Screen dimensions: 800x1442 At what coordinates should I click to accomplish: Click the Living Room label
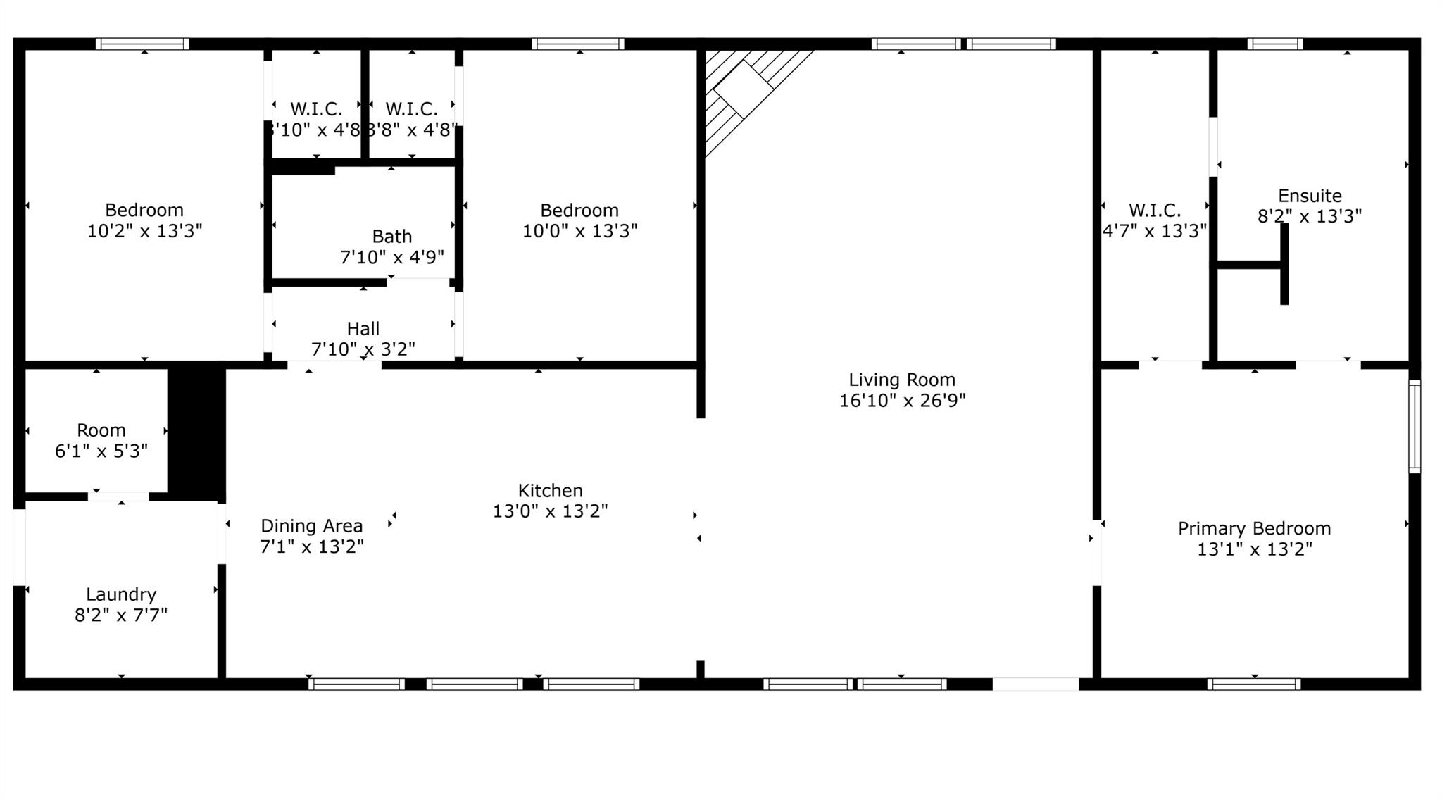pyautogui.click(x=901, y=380)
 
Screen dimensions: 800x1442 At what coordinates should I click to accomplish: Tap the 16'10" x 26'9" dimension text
pyautogui.click(x=901, y=401)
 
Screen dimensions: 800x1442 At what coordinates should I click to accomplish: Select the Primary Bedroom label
pyautogui.click(x=1254, y=528)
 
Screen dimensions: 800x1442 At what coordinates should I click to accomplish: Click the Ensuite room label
pyautogui.click(x=1310, y=196)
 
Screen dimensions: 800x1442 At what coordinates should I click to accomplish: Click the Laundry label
pyautogui.click(x=121, y=594)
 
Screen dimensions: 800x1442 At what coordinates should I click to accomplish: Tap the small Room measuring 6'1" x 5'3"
pyautogui.click(x=101, y=440)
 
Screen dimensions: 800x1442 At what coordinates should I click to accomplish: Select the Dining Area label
pyautogui.click(x=311, y=526)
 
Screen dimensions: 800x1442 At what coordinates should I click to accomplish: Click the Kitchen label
pyautogui.click(x=550, y=490)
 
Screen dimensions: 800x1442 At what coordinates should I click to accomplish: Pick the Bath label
pyautogui.click(x=391, y=237)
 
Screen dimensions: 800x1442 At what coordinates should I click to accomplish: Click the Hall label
pyautogui.click(x=363, y=329)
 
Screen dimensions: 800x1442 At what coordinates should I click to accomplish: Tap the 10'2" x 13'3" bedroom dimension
pyautogui.click(x=144, y=231)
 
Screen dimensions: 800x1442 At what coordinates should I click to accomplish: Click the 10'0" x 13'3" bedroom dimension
pyautogui.click(x=579, y=231)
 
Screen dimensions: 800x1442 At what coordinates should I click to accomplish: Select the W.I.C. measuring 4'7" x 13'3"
pyautogui.click(x=1154, y=220)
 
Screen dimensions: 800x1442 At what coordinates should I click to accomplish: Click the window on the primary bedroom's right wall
pyautogui.click(x=1414, y=426)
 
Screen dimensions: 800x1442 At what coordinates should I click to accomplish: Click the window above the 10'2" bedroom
pyautogui.click(x=142, y=44)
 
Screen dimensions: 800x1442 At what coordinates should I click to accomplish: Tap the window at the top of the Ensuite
pyautogui.click(x=1274, y=44)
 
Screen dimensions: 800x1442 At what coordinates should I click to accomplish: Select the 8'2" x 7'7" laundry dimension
pyautogui.click(x=121, y=615)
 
